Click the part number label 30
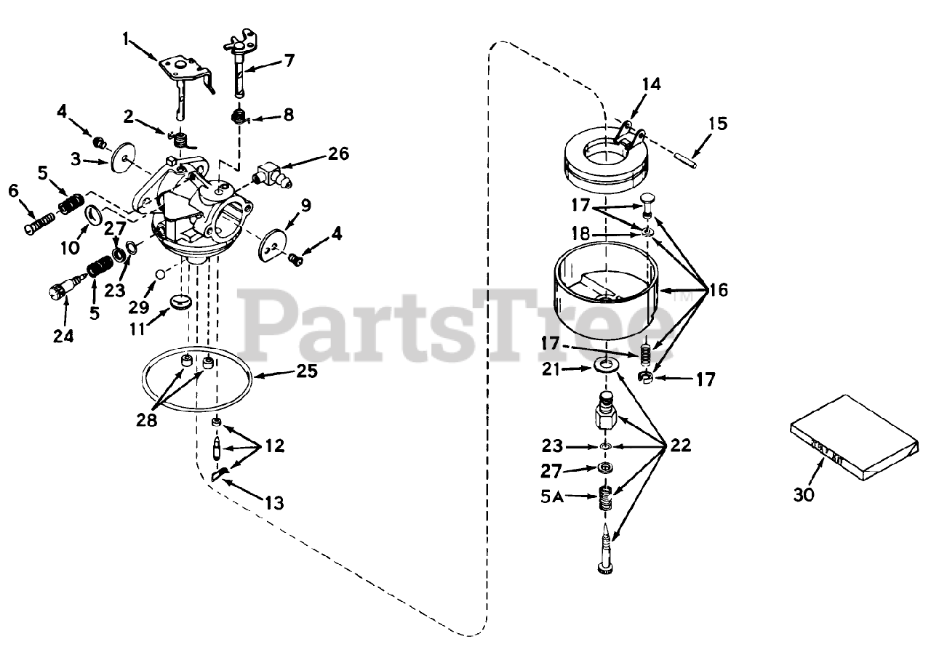click(804, 495)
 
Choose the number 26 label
click(337, 153)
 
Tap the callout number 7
click(289, 60)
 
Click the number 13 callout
click(274, 502)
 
